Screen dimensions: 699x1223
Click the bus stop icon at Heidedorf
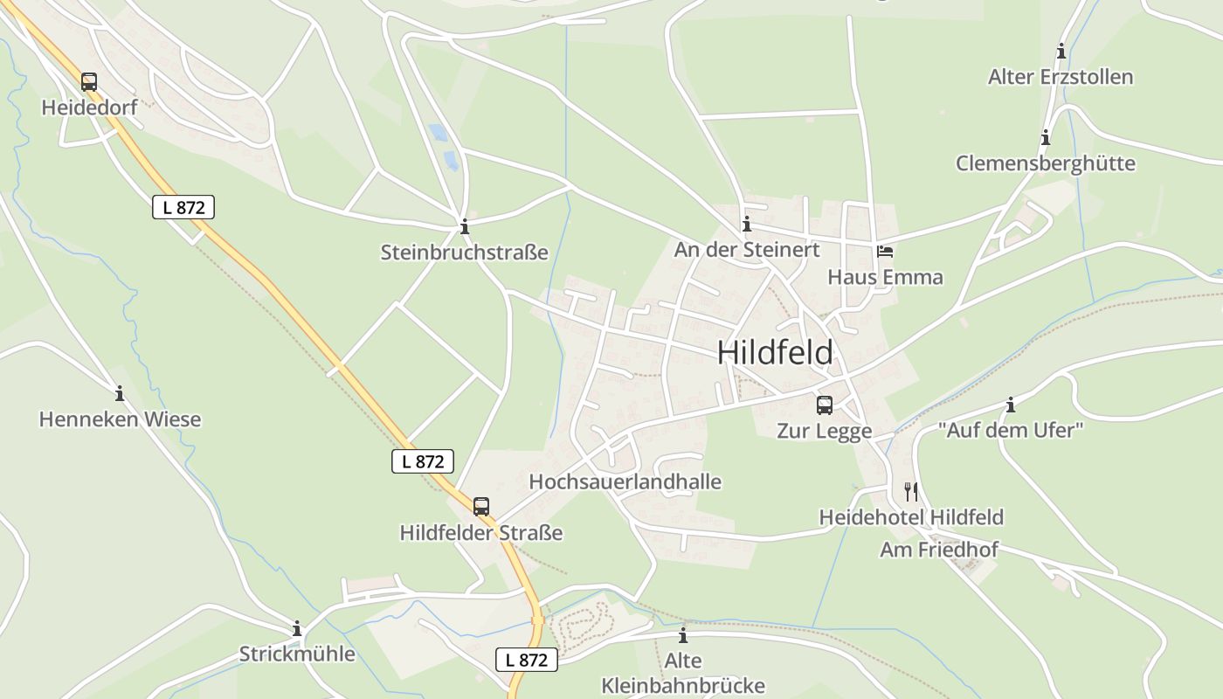[89, 82]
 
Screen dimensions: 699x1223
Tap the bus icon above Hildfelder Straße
[481, 506]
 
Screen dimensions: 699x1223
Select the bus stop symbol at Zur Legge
[824, 405]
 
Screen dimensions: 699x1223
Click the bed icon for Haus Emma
[885, 252]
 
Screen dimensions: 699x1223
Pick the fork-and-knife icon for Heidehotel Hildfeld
[911, 491]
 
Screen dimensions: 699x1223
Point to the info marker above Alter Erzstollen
[1061, 52]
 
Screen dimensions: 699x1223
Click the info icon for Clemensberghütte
[1045, 138]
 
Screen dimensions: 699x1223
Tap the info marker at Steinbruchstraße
[465, 227]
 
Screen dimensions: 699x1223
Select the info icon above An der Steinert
[746, 225]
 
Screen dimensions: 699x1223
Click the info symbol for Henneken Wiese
[120, 394]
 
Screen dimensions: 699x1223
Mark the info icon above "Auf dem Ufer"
[1011, 405]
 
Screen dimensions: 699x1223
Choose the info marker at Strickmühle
[297, 628]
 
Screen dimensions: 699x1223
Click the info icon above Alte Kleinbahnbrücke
[683, 635]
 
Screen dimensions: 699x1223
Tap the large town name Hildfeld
[775, 353]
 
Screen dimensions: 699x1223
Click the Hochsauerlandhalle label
[625, 481]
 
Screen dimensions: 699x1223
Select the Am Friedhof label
[938, 550]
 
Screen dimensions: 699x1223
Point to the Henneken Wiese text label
[120, 419]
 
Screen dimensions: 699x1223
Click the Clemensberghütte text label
[1045, 163]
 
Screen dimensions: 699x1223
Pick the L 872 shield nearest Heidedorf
[183, 207]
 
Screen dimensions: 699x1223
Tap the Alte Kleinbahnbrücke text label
[683, 673]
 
